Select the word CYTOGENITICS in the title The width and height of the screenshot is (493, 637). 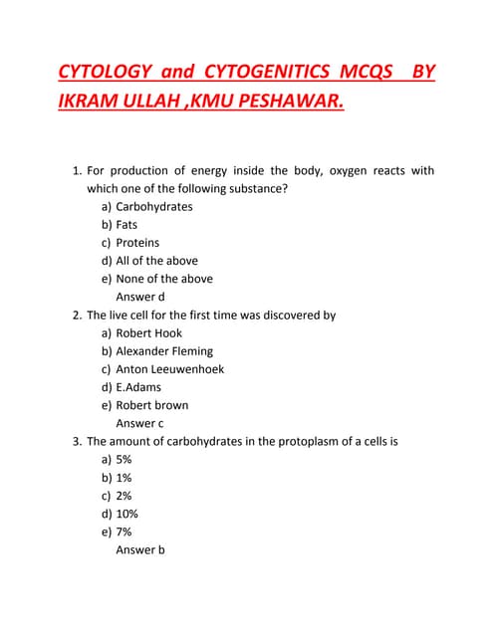[265, 73]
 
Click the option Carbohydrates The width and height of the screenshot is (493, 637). [154, 207]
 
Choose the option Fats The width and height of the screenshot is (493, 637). [126, 225]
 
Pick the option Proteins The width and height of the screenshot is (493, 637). [137, 243]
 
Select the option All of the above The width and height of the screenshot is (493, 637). [156, 261]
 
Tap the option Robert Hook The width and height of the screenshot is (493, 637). [148, 333]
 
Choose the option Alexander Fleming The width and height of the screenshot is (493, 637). [164, 351]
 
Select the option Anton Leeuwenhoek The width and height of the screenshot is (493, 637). [169, 369]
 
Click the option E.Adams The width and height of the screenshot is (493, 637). [138, 387]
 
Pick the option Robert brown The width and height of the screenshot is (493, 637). [151, 405]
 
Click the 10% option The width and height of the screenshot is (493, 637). [126, 514]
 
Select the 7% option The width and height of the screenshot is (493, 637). [123, 531]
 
